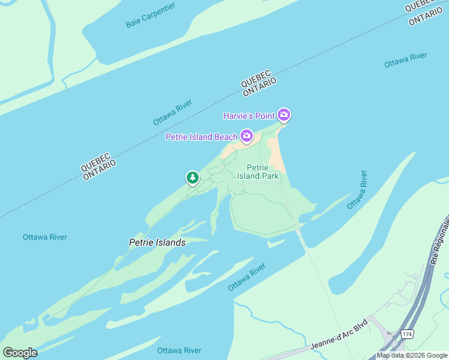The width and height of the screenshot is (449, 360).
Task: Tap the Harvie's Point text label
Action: pyautogui.click(x=249, y=115)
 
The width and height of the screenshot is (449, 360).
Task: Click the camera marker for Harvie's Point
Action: pyautogui.click(x=284, y=115)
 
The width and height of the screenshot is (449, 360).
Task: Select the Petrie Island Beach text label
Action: pyautogui.click(x=202, y=137)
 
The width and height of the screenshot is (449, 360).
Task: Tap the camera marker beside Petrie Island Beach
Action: pyautogui.click(x=246, y=136)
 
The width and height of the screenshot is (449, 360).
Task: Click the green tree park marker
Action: pyautogui.click(x=192, y=178)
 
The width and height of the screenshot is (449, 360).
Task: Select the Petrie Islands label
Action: pyautogui.click(x=157, y=243)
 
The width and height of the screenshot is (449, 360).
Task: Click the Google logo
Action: pyautogui.click(x=20, y=352)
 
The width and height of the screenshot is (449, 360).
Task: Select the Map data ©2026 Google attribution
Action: pyautogui.click(x=412, y=355)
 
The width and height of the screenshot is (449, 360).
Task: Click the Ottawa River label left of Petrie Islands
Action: pyautogui.click(x=45, y=237)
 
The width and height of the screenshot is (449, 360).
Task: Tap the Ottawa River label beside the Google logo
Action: pyautogui.click(x=179, y=350)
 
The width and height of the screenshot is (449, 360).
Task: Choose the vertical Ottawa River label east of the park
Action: pyautogui.click(x=357, y=190)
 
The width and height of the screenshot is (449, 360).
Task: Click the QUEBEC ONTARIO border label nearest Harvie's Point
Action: pyautogui.click(x=259, y=87)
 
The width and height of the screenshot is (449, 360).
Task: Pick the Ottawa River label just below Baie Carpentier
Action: pyautogui.click(x=172, y=113)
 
